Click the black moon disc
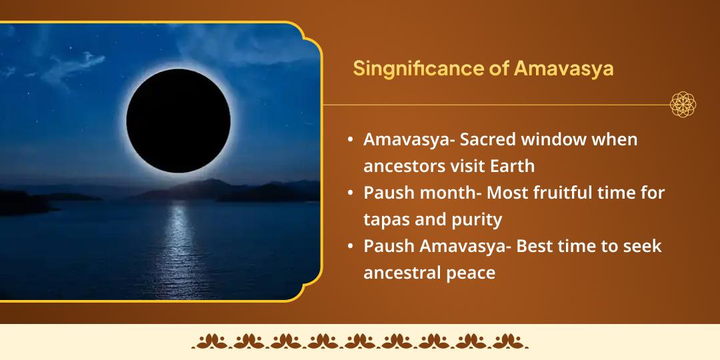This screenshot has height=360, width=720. [x=178, y=120]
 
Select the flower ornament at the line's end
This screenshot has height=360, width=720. [x=683, y=105]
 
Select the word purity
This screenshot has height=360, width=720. [x=477, y=219]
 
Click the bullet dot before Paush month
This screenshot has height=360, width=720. [x=351, y=193]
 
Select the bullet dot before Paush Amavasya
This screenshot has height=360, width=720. [x=351, y=246]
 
